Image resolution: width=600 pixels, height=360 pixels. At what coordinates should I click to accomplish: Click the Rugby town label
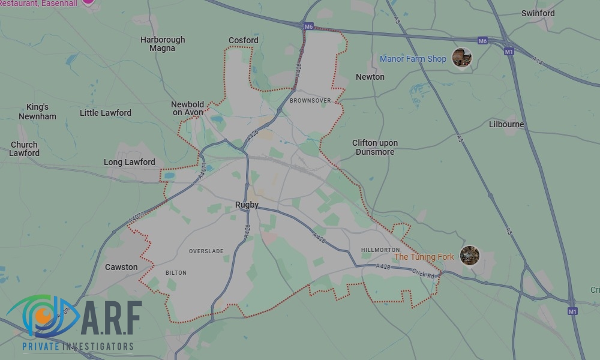(x=247, y=205)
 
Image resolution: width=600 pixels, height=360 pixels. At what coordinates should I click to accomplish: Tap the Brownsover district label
(x=310, y=101)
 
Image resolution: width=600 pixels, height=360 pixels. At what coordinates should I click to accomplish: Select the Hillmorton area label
(x=380, y=250)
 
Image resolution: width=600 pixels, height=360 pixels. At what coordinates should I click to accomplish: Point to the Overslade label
(x=206, y=251)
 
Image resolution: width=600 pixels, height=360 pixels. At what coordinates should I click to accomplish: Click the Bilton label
(x=176, y=273)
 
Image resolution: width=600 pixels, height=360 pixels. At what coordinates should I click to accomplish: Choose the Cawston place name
(x=121, y=268)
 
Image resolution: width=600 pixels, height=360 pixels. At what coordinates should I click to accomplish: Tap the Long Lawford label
(x=130, y=162)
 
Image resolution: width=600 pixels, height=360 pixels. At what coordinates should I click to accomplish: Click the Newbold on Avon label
(x=188, y=109)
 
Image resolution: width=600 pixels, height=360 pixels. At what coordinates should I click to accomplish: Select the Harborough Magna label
(x=163, y=44)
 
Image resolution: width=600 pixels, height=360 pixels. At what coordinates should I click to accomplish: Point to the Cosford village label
(x=244, y=41)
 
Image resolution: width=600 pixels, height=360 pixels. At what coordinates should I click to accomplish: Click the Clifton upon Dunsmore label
(x=375, y=148)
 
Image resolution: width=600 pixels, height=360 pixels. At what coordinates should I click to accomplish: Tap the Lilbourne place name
(x=506, y=125)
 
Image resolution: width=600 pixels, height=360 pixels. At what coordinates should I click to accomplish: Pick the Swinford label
(x=538, y=13)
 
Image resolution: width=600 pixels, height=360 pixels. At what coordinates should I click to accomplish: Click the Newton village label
(x=370, y=77)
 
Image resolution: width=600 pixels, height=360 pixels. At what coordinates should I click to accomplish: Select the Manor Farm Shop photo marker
(x=461, y=58)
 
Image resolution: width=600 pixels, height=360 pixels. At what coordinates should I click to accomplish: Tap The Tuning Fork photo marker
(x=469, y=256)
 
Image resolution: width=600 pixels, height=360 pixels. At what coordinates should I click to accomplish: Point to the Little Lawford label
(x=106, y=113)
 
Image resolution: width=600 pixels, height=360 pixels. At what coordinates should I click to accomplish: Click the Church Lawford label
(x=25, y=149)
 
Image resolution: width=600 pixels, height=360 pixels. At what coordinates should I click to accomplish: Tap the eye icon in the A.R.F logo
(x=40, y=315)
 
